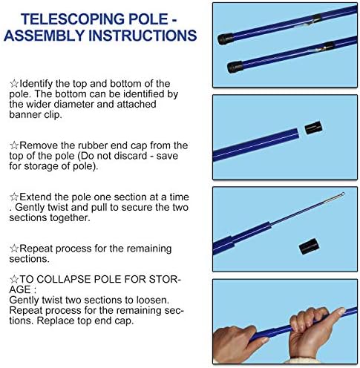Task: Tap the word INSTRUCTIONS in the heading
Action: [143, 36]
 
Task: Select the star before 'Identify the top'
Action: [14, 84]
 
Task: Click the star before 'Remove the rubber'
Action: [14, 145]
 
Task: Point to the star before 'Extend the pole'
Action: [14, 197]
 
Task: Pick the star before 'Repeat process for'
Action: [14, 249]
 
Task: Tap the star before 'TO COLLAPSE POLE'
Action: [14, 280]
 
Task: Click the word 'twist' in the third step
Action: [58, 207]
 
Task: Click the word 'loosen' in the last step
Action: [152, 300]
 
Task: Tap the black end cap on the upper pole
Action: [226, 39]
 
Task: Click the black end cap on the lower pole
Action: [235, 67]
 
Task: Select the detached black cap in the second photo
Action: [314, 128]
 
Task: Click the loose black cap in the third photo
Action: [308, 246]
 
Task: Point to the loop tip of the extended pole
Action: [342, 194]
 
